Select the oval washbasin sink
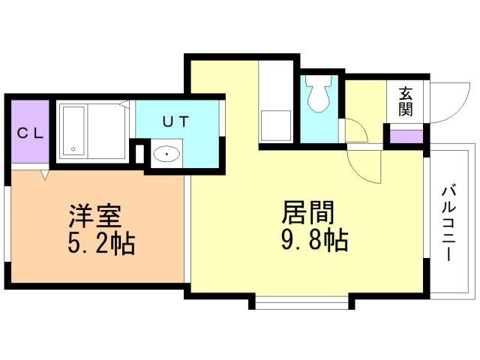tap(166, 155)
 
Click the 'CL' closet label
tap(29, 133)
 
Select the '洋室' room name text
tap(95, 217)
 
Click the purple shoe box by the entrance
tap(406, 137)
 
